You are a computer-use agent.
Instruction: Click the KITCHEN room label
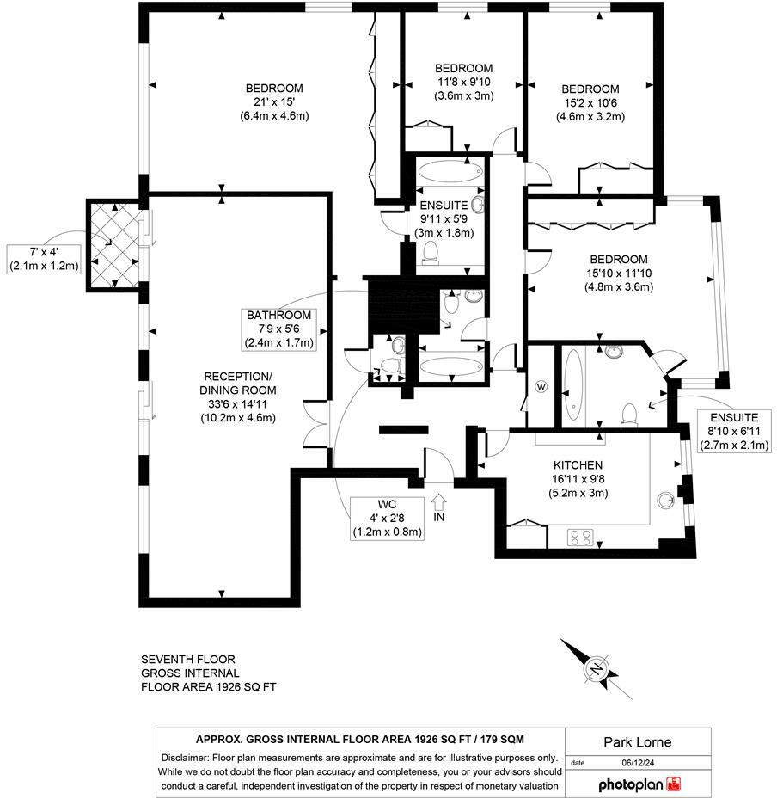(x=578, y=465)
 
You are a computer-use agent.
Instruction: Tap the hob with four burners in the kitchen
(x=580, y=537)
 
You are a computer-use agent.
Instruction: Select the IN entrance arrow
(x=439, y=503)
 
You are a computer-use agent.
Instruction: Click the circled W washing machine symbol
(x=541, y=387)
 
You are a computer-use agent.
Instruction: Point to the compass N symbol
(x=597, y=668)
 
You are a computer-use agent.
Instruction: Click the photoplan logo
(x=639, y=784)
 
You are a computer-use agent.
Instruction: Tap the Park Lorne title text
(x=638, y=742)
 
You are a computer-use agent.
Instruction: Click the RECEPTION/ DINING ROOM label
(x=238, y=384)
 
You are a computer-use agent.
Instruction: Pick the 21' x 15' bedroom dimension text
(x=274, y=101)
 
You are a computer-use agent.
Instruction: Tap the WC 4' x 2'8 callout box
(x=387, y=519)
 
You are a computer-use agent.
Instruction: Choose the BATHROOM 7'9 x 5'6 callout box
(x=278, y=329)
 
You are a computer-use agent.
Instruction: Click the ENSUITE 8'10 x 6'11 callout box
(x=734, y=431)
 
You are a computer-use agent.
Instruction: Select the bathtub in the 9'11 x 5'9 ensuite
(x=450, y=171)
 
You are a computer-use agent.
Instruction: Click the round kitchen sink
(x=665, y=501)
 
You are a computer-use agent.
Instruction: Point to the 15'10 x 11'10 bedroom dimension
(x=619, y=274)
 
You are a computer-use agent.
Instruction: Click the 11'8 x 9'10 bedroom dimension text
(x=464, y=82)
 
